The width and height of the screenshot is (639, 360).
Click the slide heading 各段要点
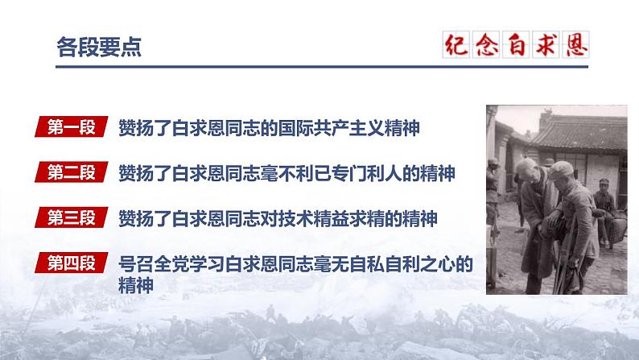click(89, 48)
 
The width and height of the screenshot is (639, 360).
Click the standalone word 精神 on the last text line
click(135, 284)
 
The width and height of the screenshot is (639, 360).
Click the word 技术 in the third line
click(314, 217)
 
